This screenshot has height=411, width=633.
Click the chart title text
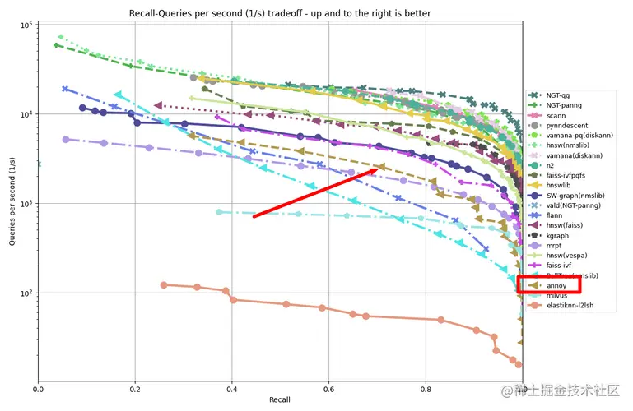coord(279,14)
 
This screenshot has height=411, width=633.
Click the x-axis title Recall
coord(279,399)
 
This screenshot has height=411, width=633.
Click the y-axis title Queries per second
coord(12,202)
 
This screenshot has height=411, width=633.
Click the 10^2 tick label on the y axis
coord(25,293)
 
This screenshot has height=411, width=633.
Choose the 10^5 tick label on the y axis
coord(25,25)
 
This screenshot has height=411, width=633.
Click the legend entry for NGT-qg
coord(560,95)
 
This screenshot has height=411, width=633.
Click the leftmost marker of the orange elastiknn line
coord(164,284)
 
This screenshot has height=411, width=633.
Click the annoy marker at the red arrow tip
coord(381,167)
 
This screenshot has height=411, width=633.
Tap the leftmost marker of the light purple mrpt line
coord(66,140)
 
